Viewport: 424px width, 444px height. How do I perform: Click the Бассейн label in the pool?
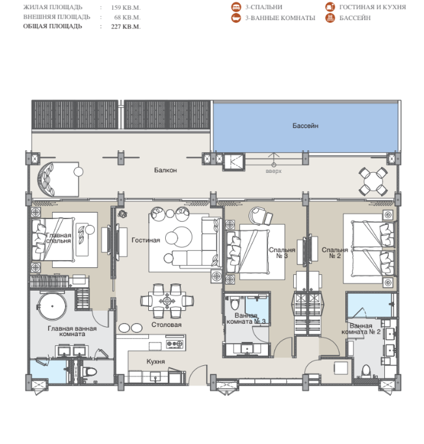pyautogui.click(x=306, y=125)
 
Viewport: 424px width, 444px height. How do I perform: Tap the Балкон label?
pyautogui.click(x=165, y=170)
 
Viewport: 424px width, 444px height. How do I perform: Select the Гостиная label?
pyautogui.click(x=146, y=240)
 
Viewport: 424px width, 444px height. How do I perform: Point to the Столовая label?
pyautogui.click(x=166, y=325)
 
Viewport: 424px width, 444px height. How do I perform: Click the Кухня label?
pyautogui.click(x=155, y=361)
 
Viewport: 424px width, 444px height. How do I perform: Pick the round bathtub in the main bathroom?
pyautogui.click(x=53, y=306)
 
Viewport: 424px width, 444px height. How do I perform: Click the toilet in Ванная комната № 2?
pyautogui.click(x=366, y=371)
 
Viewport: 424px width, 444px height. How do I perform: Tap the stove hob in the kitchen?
pyautogui.click(x=174, y=344)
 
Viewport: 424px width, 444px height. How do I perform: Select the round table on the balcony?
pyautogui.click(x=373, y=181)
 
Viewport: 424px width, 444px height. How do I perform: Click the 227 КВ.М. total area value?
pyautogui.click(x=126, y=27)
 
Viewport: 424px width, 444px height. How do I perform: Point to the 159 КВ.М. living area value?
pyautogui.click(x=126, y=8)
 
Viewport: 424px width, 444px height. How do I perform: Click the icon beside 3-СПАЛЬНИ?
pyautogui.click(x=236, y=7)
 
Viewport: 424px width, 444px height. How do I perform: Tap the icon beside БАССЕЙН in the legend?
pyautogui.click(x=330, y=18)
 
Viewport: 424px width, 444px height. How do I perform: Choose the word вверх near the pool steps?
pyautogui.click(x=274, y=171)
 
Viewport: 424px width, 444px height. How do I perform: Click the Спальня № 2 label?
pyautogui.click(x=335, y=253)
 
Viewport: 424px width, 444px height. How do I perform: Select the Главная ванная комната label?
pyautogui.click(x=72, y=331)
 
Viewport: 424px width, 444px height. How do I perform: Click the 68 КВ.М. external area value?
pyautogui.click(x=127, y=18)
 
